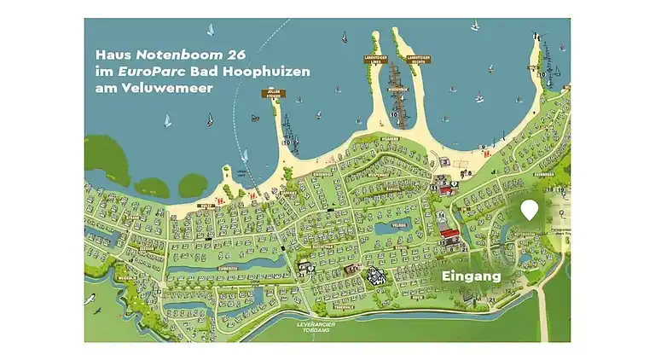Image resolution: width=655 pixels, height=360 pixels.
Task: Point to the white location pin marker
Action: tap(530, 209)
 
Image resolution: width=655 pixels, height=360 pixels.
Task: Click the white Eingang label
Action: tap(471, 276)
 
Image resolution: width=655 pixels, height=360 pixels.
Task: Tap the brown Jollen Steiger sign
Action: tap(272, 95)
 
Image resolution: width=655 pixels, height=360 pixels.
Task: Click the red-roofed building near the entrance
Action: tap(449, 232)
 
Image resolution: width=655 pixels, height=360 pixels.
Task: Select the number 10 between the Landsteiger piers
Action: tap(394, 113)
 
